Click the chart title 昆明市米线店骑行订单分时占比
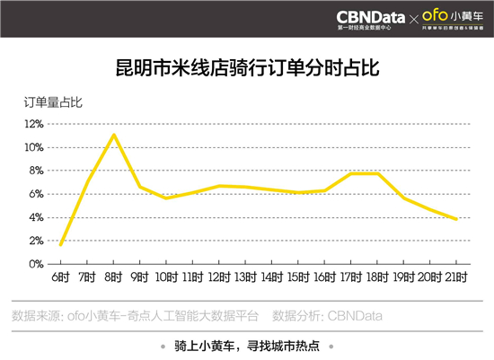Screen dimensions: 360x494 click(246, 67)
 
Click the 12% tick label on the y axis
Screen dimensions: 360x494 click(33, 124)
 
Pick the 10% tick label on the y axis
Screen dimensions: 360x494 click(33, 147)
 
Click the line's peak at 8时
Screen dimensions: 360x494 click(113, 135)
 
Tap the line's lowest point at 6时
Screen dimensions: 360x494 click(60, 244)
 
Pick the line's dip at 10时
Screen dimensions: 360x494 click(166, 198)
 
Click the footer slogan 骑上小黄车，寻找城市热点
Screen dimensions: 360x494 click(246, 345)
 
